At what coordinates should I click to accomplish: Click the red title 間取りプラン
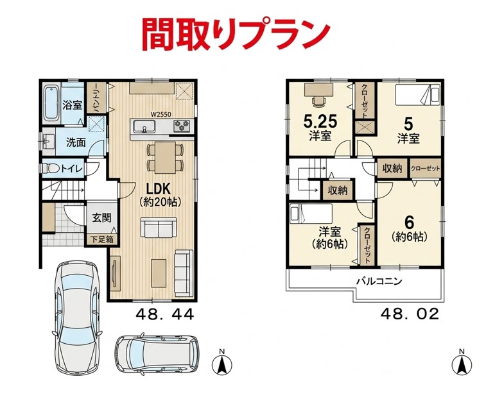pyautogui.click(x=236, y=34)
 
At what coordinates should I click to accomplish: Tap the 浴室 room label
pyautogui.click(x=72, y=105)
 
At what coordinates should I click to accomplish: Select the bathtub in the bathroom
pyautogui.click(x=51, y=104)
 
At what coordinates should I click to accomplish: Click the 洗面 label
pyautogui.click(x=76, y=142)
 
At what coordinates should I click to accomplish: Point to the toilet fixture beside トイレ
pyautogui.click(x=51, y=169)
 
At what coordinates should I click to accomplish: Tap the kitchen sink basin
pyautogui.click(x=144, y=126)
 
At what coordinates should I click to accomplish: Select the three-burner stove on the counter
pyautogui.click(x=182, y=126)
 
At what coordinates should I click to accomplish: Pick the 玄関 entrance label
pyautogui.click(x=101, y=217)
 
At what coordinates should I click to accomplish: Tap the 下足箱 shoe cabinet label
pyautogui.click(x=101, y=240)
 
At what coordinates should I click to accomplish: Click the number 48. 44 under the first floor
pyautogui.click(x=164, y=314)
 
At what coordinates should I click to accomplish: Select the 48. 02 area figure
pyautogui.click(x=410, y=314)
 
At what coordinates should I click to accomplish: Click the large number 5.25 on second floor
pyautogui.click(x=320, y=122)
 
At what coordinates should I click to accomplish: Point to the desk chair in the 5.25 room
pyautogui.click(x=318, y=101)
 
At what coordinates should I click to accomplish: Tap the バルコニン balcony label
pyautogui.click(x=379, y=282)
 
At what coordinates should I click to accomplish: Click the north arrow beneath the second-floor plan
pyautogui.click(x=462, y=364)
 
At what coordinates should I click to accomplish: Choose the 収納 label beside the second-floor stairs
pyautogui.click(x=338, y=190)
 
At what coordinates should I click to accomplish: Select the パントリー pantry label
pyautogui.click(x=96, y=97)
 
